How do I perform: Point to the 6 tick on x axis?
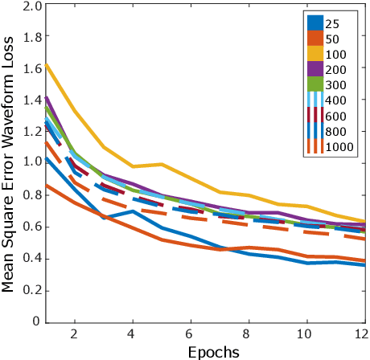(x=189, y=333)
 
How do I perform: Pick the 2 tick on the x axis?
(x=73, y=333)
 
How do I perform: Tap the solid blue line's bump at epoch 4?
(x=132, y=211)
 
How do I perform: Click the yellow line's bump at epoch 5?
(x=161, y=164)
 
